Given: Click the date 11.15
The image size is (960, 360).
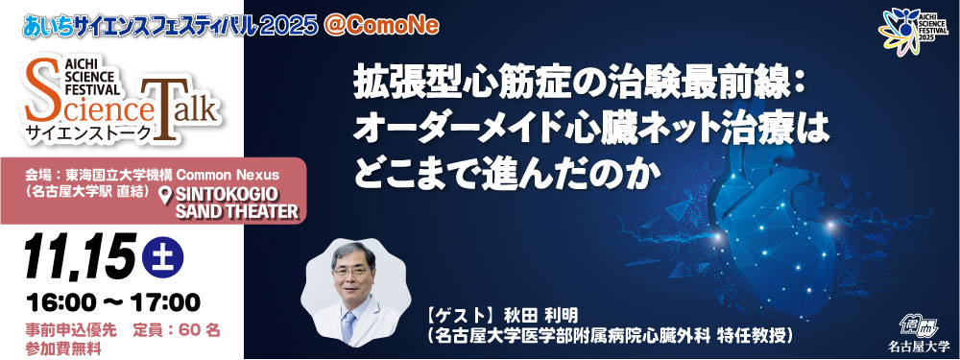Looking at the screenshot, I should click(76, 254).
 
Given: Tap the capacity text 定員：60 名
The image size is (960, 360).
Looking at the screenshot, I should click(179, 329).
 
